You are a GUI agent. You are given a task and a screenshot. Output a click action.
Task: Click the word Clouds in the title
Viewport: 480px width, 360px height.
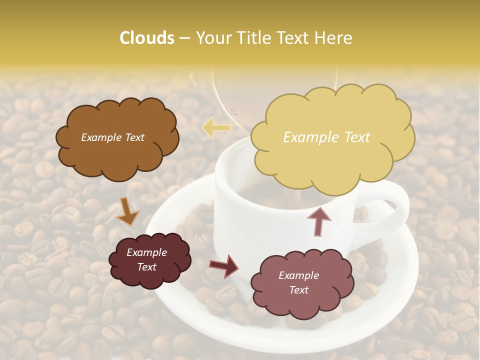click(147, 38)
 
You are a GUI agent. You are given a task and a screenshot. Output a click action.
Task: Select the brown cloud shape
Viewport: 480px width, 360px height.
click(117, 150)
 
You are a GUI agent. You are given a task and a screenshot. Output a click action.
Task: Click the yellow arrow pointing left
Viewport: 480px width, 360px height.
click(215, 128)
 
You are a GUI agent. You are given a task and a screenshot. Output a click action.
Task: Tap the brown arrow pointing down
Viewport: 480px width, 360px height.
click(127, 211)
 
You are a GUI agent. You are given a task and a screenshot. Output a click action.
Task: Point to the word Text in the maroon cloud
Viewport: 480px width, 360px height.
click(147, 267)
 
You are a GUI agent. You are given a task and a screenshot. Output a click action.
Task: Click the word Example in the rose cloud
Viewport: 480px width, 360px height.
click(298, 275)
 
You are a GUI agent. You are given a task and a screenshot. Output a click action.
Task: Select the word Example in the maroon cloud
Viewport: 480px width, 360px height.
click(147, 252)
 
